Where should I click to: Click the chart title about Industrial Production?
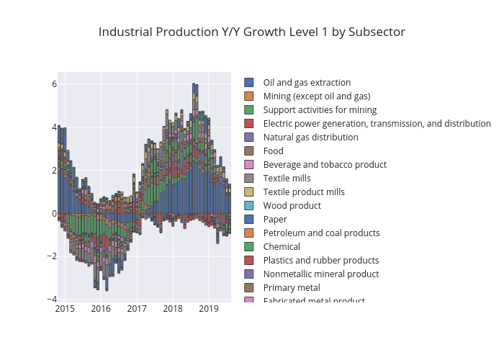coord(251,32)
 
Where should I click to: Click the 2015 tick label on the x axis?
coord(65,309)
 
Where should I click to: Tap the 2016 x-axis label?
coord(101,309)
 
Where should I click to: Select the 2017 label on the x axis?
coord(137,309)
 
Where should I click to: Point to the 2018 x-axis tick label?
coord(173,309)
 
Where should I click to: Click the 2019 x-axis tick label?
coord(209,309)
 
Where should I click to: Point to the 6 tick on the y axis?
coord(53,84)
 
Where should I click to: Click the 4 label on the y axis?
coord(53,127)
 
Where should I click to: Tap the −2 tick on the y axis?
coord(51,256)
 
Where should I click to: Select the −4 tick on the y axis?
coord(51,299)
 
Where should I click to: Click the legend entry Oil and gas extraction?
coord(307,83)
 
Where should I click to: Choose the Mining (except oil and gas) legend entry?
coord(316,96)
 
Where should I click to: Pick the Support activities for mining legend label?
coord(320,110)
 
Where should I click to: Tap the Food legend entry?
coord(274,151)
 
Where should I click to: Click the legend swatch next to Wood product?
coord(249,206)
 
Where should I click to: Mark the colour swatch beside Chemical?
coord(249,247)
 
